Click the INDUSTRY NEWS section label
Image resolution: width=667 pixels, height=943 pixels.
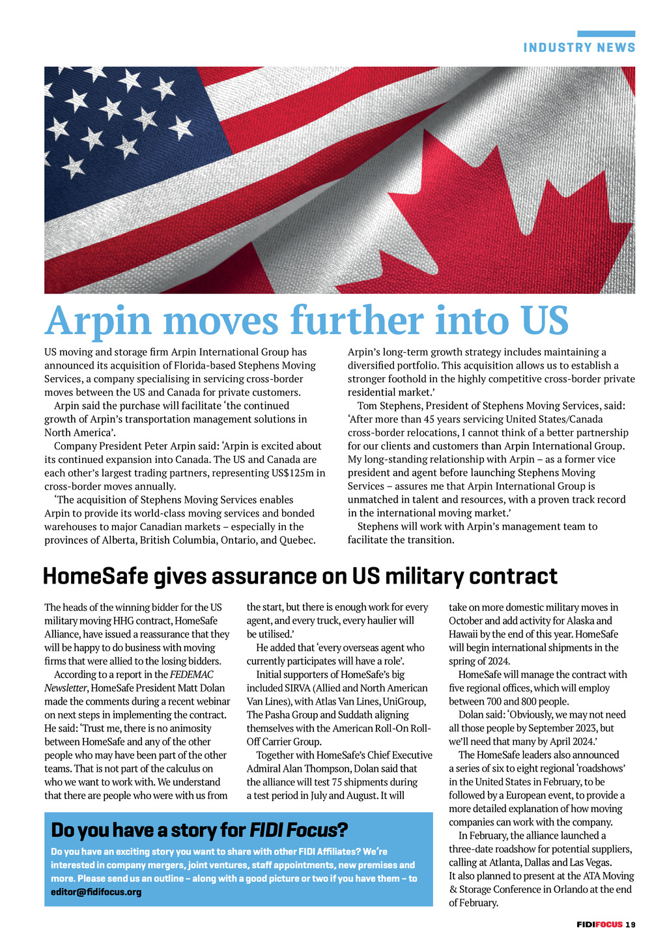[579, 48]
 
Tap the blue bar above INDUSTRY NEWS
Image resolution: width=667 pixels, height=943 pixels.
[606, 34]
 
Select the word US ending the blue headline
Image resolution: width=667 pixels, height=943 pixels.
[545, 320]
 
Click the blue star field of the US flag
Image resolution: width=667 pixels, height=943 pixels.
[117, 124]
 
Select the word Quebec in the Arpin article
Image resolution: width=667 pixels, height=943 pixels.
[297, 540]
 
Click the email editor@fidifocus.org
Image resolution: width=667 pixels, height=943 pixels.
[96, 892]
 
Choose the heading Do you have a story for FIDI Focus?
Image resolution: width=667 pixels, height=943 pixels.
[199, 830]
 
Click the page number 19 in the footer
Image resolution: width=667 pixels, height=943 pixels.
[631, 924]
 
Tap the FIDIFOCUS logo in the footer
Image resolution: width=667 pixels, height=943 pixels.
[599, 924]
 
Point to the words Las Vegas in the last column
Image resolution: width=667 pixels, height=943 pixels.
[590, 863]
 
